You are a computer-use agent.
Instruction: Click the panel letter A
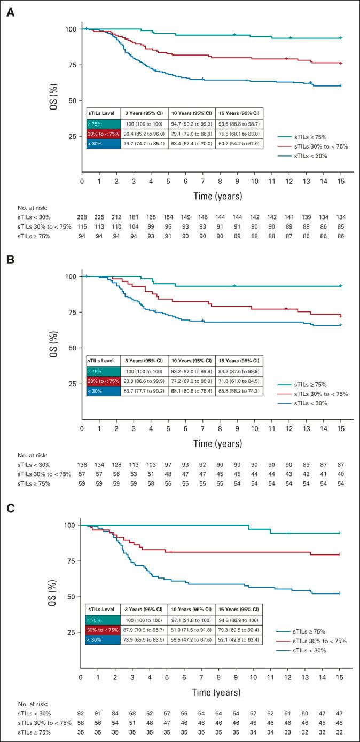10,12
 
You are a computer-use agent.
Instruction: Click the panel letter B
10,262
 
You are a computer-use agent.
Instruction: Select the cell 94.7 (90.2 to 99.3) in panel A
191,123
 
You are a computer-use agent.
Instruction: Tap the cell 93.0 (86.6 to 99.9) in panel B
144,380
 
